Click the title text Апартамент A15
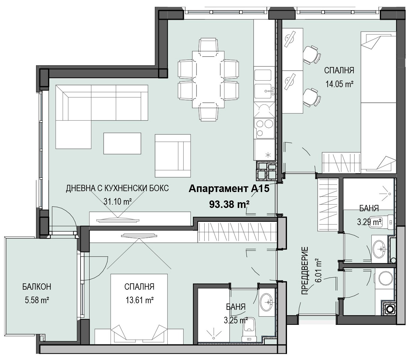click(229, 189)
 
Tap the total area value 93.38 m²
click(229, 205)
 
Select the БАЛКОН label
click(37, 287)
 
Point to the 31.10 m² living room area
click(117, 201)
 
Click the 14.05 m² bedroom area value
click(340, 84)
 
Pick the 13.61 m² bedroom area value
click(140, 301)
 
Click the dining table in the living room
click(208, 80)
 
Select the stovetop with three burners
click(264, 128)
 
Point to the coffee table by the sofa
click(122, 143)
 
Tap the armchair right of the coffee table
click(173, 156)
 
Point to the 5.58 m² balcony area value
click(37, 301)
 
